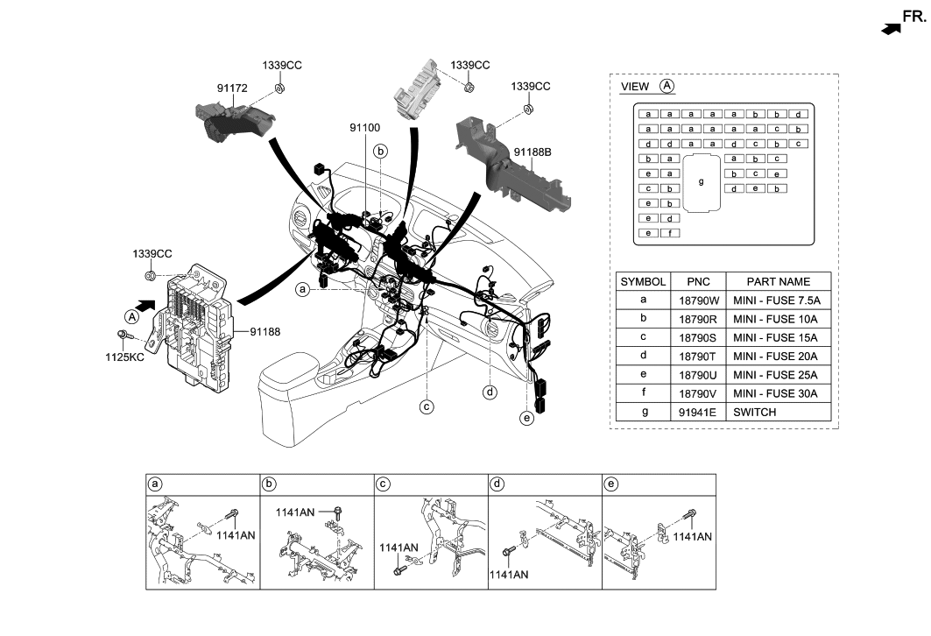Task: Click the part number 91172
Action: click(x=234, y=88)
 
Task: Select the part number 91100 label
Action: click(x=368, y=128)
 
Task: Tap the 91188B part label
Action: click(x=533, y=152)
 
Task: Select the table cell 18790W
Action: click(x=699, y=300)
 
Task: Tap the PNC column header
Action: click(x=699, y=281)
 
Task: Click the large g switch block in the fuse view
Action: click(x=700, y=182)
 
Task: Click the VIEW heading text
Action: click(x=635, y=87)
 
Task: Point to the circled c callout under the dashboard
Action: click(x=427, y=406)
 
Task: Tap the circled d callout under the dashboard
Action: click(x=490, y=392)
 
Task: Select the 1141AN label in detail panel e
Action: click(x=691, y=535)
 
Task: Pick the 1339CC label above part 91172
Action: click(x=282, y=66)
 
